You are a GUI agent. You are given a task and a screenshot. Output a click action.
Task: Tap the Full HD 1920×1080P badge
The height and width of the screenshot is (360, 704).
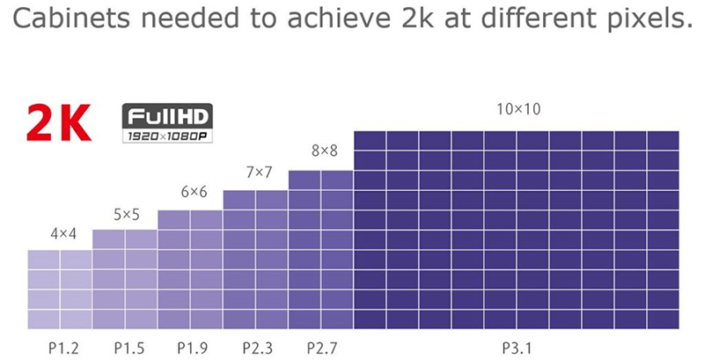[167, 124]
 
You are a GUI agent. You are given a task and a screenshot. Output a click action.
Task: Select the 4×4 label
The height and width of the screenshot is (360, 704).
[62, 234]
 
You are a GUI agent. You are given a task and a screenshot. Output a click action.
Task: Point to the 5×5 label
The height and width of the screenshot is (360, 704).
[126, 214]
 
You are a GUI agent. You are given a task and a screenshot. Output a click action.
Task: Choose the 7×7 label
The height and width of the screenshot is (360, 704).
[258, 172]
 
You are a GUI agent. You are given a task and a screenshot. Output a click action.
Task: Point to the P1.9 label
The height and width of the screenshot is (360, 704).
[193, 348]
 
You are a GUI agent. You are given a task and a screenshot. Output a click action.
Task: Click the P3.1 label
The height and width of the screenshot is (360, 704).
[518, 348]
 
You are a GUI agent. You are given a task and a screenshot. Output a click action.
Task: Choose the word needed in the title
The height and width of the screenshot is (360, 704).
[180, 19]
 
